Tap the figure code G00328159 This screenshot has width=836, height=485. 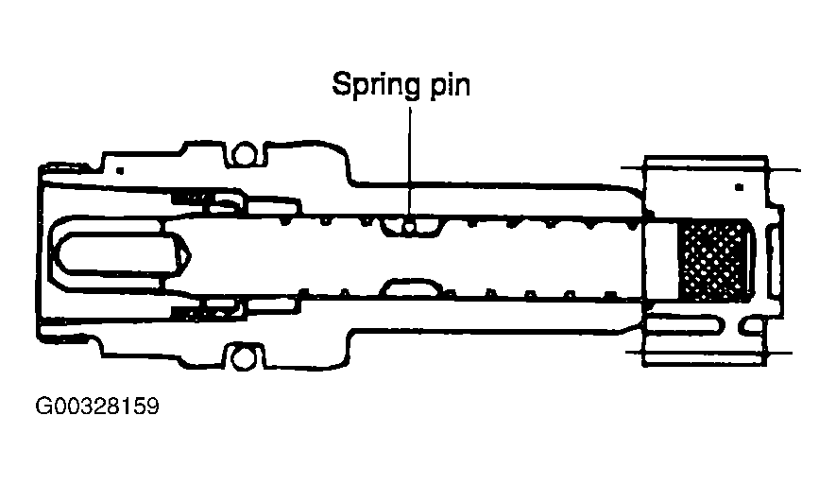pyautogui.click(x=97, y=408)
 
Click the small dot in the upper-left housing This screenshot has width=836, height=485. pyautogui.click(x=121, y=170)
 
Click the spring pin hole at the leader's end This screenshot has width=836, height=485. pyautogui.click(x=410, y=225)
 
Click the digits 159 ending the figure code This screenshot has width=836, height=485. pyautogui.click(x=139, y=408)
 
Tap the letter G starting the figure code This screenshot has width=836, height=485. pyautogui.click(x=43, y=408)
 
